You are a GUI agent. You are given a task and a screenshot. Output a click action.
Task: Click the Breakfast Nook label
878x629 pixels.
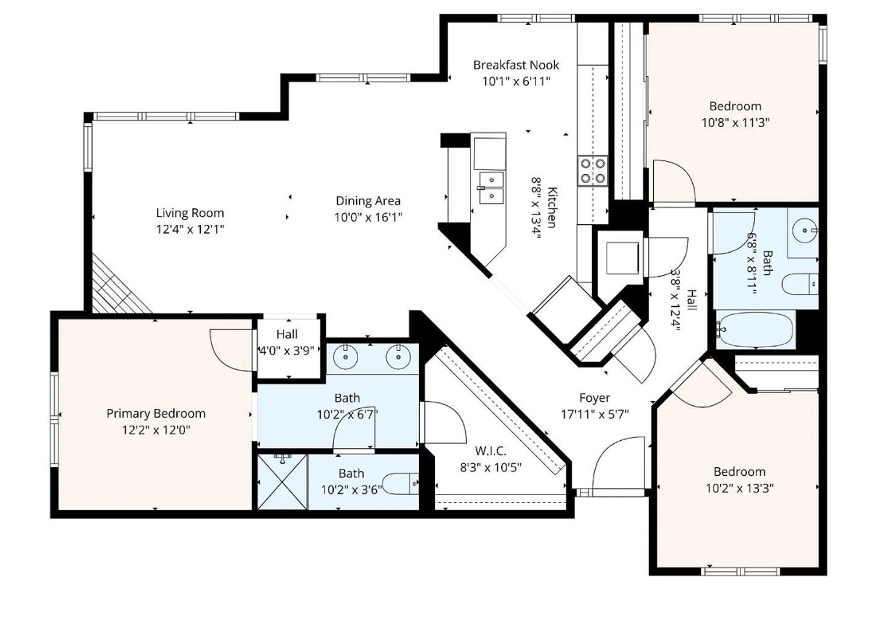[516, 65]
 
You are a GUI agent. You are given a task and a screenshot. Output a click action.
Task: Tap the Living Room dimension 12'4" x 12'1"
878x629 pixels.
[190, 229]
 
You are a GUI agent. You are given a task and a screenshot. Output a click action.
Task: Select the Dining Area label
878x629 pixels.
[368, 201]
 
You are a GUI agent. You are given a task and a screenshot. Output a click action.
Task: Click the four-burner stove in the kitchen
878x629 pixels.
[593, 171]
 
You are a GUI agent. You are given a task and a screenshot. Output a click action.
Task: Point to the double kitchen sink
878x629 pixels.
[491, 188]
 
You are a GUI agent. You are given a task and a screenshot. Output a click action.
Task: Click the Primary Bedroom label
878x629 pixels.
[155, 414]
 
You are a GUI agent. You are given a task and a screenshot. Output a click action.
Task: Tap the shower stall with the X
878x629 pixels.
[282, 481]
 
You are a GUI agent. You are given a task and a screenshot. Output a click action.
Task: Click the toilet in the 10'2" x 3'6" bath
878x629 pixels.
[403, 484]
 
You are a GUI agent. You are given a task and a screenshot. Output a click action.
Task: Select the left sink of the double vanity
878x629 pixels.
[346, 358]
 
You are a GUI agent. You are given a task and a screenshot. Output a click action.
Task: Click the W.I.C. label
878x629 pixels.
[491, 451]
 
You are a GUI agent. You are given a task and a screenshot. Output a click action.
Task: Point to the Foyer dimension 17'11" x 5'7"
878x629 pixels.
[594, 415]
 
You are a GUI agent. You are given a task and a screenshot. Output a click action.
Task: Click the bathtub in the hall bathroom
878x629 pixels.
[755, 330]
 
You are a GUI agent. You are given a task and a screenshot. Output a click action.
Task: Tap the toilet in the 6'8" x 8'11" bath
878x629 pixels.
[799, 284]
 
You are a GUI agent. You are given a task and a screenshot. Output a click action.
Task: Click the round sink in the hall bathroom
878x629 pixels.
[806, 231]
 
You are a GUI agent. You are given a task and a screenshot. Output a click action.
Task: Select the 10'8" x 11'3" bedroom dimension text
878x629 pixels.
[735, 123]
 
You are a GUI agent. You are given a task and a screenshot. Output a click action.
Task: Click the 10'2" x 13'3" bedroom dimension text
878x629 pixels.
[739, 489]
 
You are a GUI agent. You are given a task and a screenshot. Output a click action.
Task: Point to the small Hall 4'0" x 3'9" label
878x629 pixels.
[286, 334]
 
